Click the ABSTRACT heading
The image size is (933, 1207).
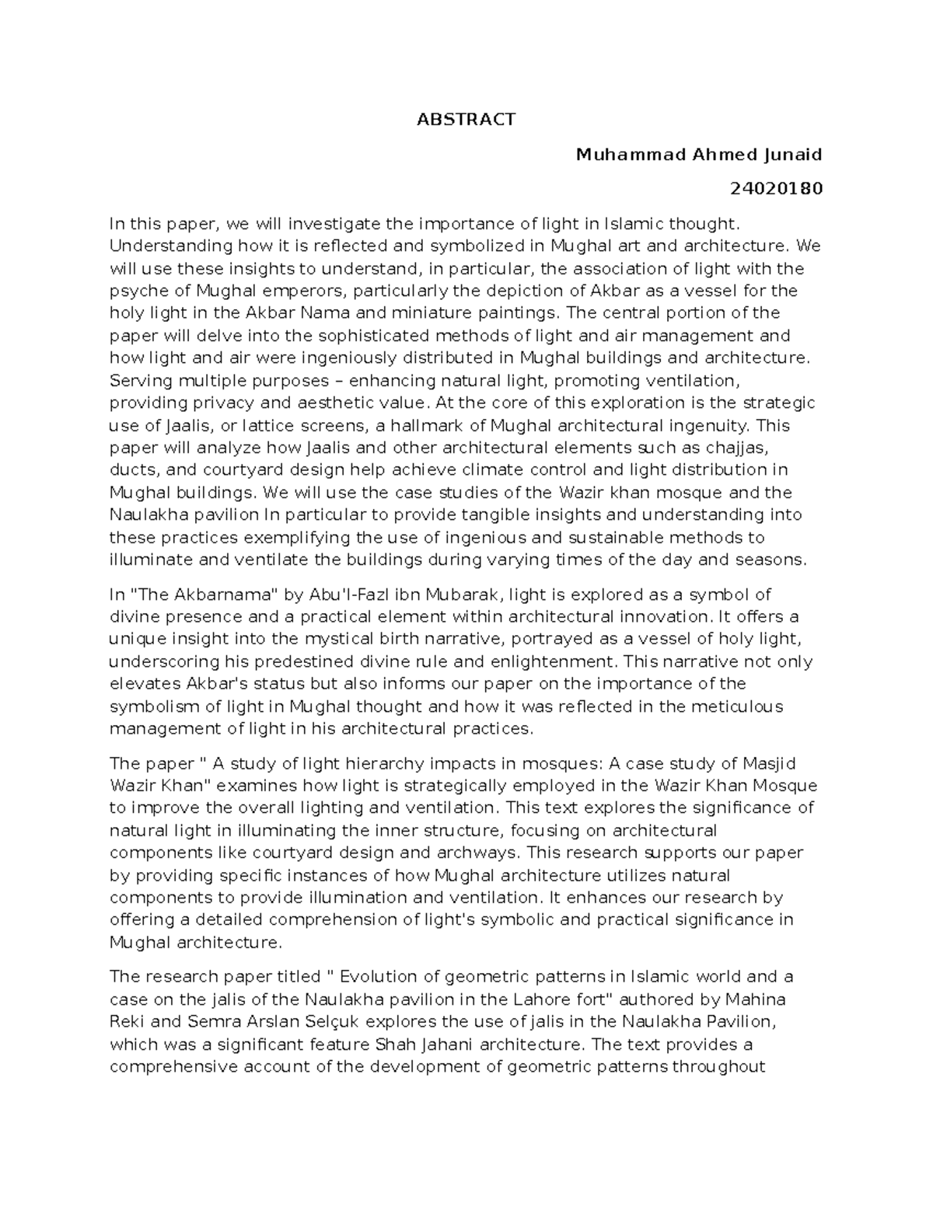(466, 120)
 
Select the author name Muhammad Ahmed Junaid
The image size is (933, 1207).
(698, 155)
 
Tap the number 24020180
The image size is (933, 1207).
(776, 189)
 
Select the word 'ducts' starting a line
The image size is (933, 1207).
(130, 470)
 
